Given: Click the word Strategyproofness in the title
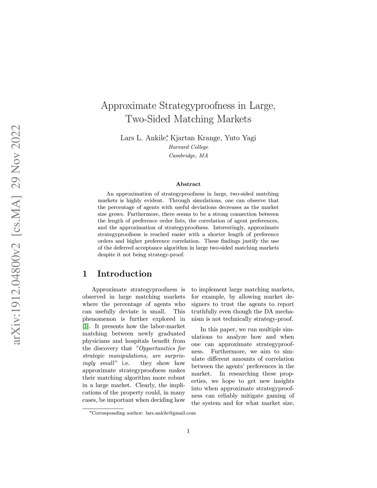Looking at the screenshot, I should (197, 106).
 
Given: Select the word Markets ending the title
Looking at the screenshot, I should (234, 119).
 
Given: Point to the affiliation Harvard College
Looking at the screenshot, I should (188, 147).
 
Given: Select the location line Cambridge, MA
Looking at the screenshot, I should (188, 156).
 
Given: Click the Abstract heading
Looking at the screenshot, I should (188, 184).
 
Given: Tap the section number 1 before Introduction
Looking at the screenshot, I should (85, 274).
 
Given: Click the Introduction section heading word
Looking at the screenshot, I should (124, 274).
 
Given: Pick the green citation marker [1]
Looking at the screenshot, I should (85, 326).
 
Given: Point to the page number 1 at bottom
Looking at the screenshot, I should (188, 431).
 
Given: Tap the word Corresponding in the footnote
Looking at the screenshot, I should (109, 413).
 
